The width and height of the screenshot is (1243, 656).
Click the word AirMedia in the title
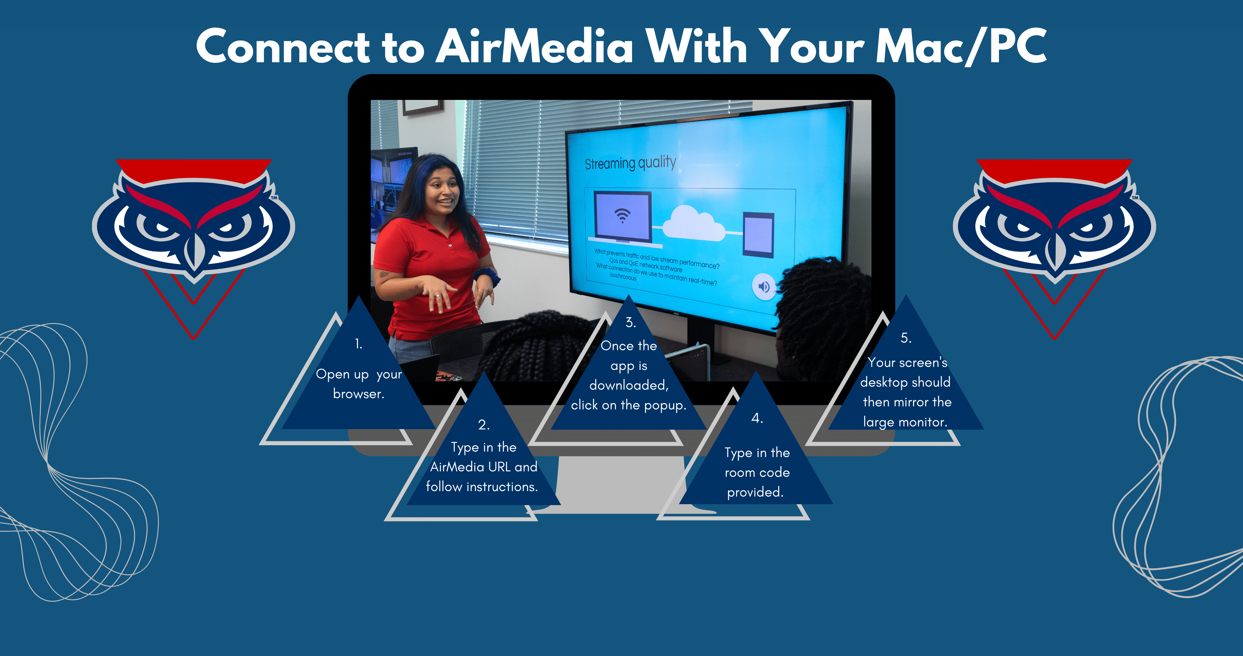tap(535, 46)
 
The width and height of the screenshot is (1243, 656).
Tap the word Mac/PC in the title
tap(961, 46)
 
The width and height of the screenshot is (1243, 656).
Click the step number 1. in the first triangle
tap(358, 344)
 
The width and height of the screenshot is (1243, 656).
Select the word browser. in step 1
tap(358, 394)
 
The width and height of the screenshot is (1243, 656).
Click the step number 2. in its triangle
tap(484, 425)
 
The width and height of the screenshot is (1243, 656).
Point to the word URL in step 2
tap(499, 467)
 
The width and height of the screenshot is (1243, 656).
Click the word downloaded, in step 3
tap(629, 385)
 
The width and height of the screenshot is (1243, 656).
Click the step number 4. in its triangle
tap(757, 418)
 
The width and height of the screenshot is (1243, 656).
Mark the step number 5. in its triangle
tap(906, 338)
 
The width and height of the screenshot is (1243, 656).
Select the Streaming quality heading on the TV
tap(630, 163)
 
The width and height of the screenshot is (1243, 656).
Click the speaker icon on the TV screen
tap(764, 287)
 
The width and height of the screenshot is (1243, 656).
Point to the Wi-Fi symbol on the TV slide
tap(623, 215)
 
